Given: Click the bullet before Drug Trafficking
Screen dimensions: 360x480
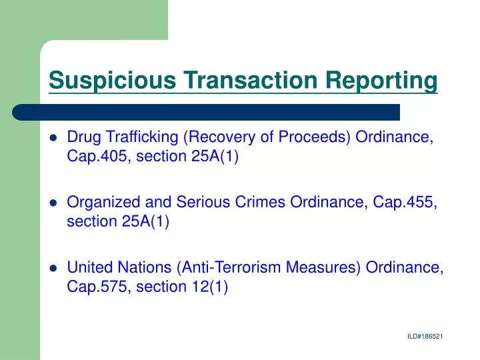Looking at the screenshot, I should coord(53,139).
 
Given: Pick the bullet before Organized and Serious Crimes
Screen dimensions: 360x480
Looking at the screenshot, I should coord(53,203).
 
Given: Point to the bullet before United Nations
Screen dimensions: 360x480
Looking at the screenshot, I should coord(53,269).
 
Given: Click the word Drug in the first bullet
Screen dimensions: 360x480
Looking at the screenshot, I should coord(84,137).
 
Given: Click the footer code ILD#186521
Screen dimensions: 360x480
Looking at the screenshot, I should coord(425,337).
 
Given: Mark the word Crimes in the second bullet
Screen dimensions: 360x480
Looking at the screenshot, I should coord(262,203).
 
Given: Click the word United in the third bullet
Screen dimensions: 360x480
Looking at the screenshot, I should coord(89,268).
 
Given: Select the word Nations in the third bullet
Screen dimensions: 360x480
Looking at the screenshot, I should coord(144,268).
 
